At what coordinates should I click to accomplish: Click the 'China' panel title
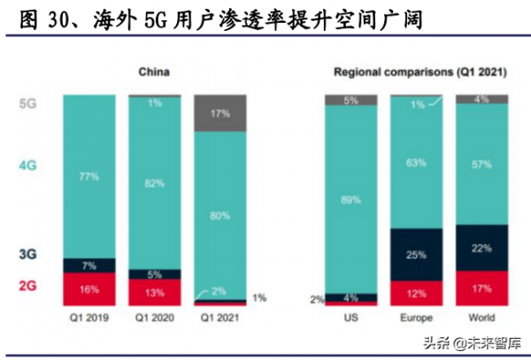click(x=154, y=72)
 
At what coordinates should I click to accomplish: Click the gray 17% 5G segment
click(x=219, y=112)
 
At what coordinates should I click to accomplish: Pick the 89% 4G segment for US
click(x=351, y=199)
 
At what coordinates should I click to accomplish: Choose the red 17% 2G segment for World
click(x=481, y=287)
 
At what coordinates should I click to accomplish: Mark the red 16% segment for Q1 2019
click(x=88, y=288)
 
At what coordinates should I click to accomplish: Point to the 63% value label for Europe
click(x=416, y=162)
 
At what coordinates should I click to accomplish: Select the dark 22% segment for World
click(x=481, y=249)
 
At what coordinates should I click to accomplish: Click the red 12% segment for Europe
click(x=416, y=293)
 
